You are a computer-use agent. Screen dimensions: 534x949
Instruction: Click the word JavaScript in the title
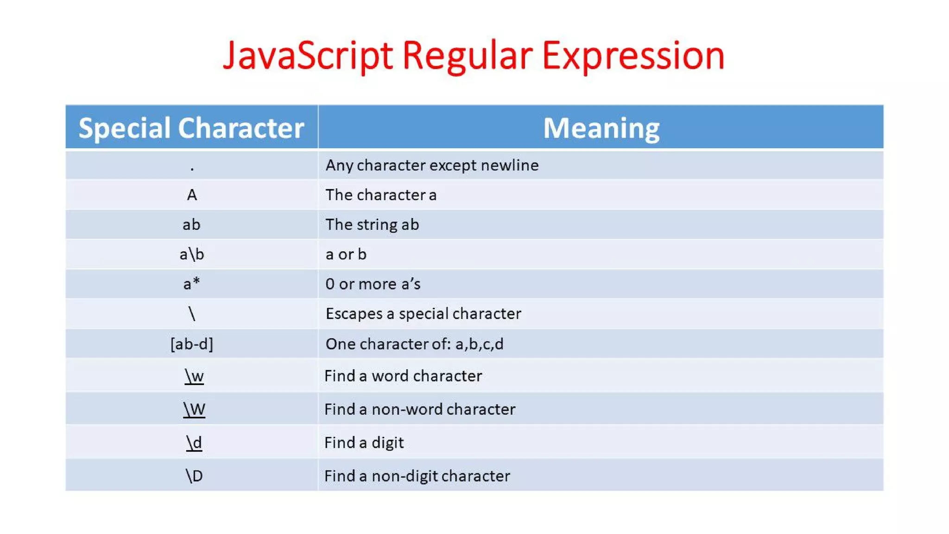click(x=308, y=56)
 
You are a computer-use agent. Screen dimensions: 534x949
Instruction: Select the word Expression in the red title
click(x=633, y=56)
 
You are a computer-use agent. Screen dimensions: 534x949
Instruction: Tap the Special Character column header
click(x=191, y=128)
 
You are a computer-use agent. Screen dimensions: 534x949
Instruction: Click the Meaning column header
click(x=601, y=128)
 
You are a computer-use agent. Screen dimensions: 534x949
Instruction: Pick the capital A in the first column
click(x=192, y=195)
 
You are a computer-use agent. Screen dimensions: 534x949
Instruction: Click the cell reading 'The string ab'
click(x=372, y=225)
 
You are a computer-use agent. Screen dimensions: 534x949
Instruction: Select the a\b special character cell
click(x=192, y=254)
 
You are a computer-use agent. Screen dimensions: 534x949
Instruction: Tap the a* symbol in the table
click(x=192, y=284)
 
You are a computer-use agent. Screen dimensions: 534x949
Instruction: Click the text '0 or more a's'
click(x=373, y=284)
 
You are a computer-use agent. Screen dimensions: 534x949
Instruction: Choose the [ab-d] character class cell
click(x=192, y=344)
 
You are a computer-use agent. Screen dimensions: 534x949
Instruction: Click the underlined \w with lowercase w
click(x=194, y=376)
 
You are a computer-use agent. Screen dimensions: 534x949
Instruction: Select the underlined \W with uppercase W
click(x=194, y=409)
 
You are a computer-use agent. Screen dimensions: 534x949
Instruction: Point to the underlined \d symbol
click(x=194, y=443)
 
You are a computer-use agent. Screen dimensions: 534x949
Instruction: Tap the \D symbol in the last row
click(x=194, y=476)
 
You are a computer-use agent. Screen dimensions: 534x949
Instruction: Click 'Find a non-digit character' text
click(x=417, y=476)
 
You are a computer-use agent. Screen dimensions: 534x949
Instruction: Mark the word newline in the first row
click(x=510, y=165)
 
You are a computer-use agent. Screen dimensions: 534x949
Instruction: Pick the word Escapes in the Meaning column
click(x=354, y=314)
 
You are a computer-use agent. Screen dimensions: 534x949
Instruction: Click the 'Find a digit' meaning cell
click(x=364, y=443)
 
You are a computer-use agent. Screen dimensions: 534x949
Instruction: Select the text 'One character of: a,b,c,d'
click(x=414, y=344)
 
